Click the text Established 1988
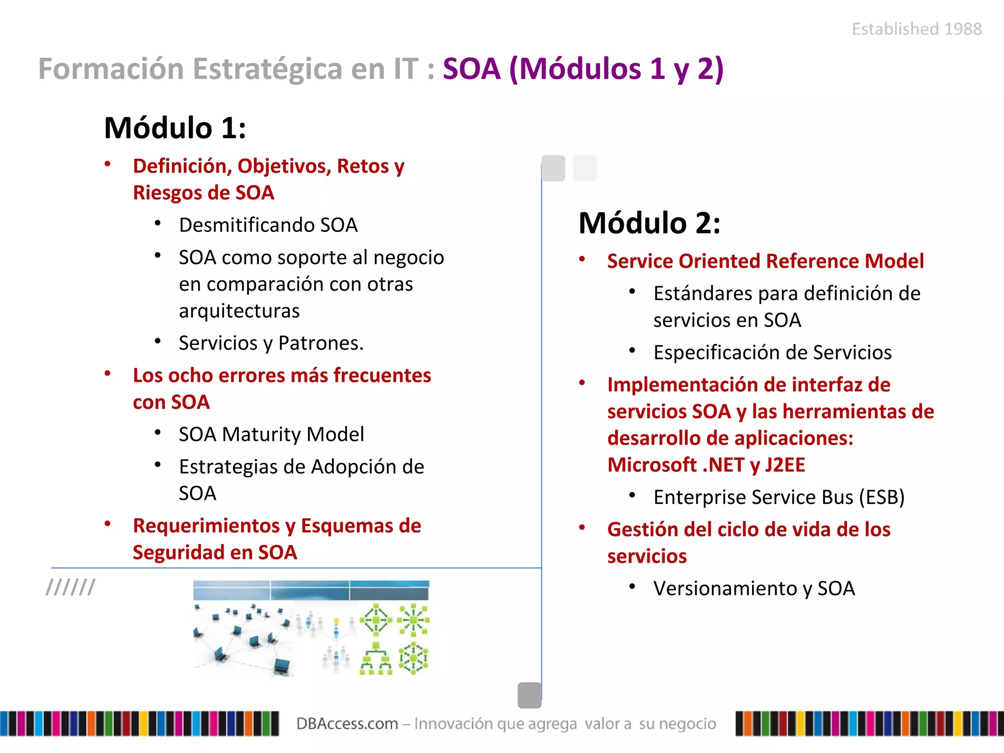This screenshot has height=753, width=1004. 916,29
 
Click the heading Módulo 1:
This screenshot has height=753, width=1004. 175,128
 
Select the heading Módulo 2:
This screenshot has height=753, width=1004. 649,224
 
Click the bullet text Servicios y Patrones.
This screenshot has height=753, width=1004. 271,343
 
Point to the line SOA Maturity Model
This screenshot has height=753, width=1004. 271,434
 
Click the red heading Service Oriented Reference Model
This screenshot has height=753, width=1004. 765,261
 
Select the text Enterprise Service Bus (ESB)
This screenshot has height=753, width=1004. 778,497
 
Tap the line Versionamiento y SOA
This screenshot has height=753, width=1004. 753,588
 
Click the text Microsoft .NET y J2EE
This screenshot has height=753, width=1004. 705,465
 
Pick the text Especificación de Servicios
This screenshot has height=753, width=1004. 772,352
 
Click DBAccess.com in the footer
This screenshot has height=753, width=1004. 347,724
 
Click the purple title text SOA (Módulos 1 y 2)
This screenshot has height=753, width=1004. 582,69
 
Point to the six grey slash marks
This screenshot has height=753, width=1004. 71,587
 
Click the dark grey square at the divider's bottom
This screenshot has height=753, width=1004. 529,695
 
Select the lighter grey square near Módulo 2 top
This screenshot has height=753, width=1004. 585,168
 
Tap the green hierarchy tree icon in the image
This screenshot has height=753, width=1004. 376,659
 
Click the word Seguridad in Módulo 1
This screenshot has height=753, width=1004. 178,552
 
